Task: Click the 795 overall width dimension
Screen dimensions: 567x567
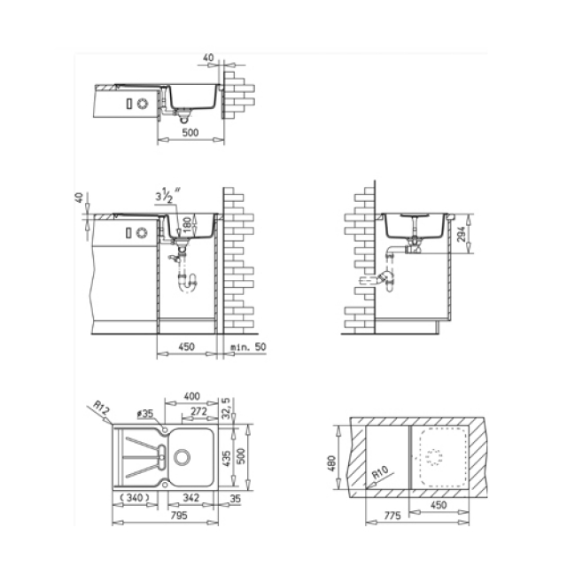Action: pos(179,515)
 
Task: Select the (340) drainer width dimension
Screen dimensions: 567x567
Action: pos(134,498)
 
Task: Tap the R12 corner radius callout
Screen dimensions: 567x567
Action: pos(101,408)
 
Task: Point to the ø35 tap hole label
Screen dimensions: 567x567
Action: pos(145,414)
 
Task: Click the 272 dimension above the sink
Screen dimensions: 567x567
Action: pos(198,411)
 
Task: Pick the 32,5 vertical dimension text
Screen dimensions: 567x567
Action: pos(225,408)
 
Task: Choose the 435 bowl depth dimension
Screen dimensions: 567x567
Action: pos(227,458)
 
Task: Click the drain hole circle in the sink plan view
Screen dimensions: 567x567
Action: pos(182,457)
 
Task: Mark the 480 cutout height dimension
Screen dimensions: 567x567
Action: pos(331,463)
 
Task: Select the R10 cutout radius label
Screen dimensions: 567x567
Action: pos(380,472)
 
